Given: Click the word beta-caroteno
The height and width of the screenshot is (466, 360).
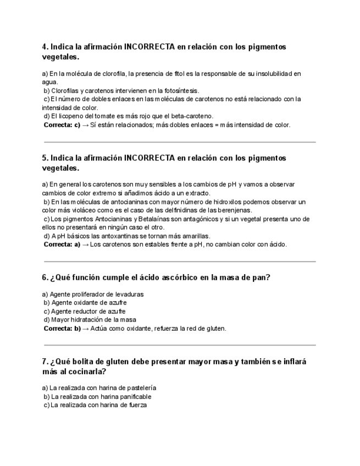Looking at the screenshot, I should [x=192, y=116].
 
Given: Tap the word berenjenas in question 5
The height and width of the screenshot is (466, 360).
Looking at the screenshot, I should [x=236, y=210].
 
